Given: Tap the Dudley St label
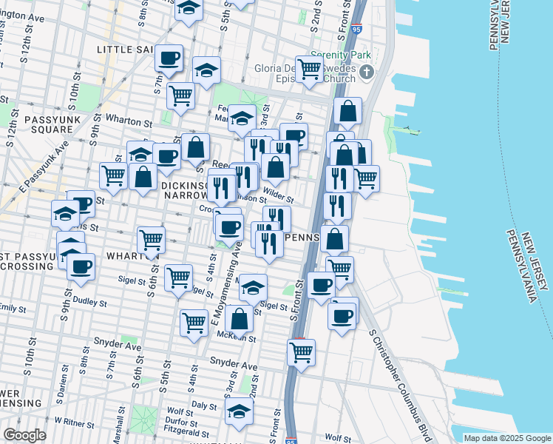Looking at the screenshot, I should coord(90,303).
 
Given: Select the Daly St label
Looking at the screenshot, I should coord(203,406).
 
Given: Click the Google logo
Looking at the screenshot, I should coord(24,435).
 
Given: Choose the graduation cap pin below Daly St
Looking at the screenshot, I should coord(240,411).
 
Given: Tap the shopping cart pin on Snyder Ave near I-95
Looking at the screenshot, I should coord(301,352).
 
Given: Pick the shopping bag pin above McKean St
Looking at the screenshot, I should coord(240,319).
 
